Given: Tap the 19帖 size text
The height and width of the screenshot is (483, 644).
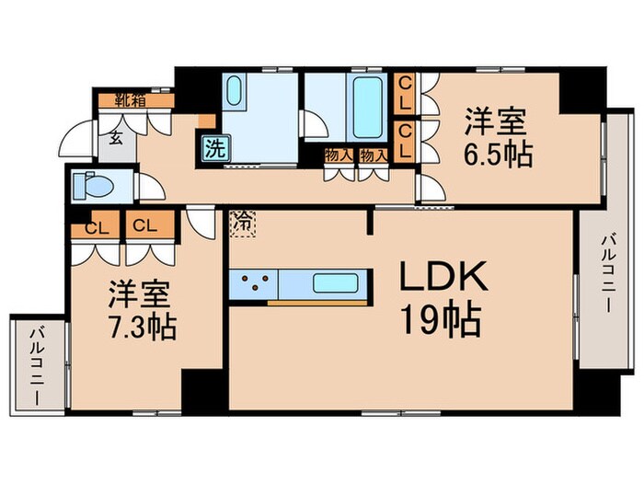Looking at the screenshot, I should tap(439, 321).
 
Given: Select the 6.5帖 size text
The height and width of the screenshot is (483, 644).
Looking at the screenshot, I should tap(498, 154).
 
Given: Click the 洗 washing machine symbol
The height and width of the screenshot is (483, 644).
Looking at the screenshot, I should tap(213, 146).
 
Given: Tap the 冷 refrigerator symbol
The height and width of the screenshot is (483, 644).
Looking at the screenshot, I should tap(242, 221).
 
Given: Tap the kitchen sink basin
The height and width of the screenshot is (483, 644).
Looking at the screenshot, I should tap(334, 283).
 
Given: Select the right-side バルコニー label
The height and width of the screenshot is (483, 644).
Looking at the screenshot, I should tap(607, 272).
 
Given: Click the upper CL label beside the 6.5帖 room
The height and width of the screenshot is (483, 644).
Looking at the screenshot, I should tap(404, 92).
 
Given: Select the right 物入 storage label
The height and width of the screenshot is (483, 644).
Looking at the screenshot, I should tap(372, 155).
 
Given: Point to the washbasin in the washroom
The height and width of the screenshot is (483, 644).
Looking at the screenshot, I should tap(233, 95).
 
